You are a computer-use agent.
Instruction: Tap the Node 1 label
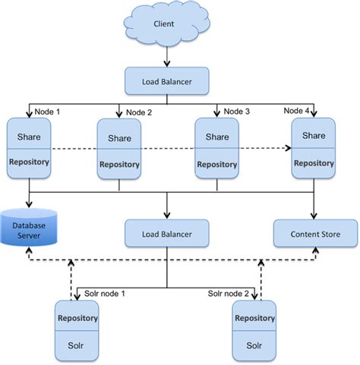pos(47,110)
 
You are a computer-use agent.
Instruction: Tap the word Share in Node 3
pos(216,138)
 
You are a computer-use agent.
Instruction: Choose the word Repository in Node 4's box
pos(314,162)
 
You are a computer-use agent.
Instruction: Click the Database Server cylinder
pos(30,228)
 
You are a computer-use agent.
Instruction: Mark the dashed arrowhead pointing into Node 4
pos(288,149)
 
